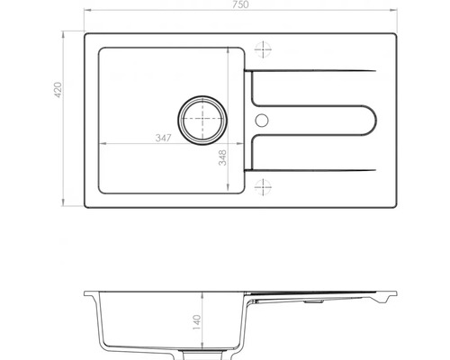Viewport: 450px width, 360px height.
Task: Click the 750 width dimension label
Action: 242,5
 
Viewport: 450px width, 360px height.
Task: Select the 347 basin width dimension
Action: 163,137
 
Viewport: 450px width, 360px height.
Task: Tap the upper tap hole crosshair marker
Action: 264,49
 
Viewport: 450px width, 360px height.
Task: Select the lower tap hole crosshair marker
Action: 264,187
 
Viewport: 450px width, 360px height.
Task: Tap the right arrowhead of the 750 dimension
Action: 394,12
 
